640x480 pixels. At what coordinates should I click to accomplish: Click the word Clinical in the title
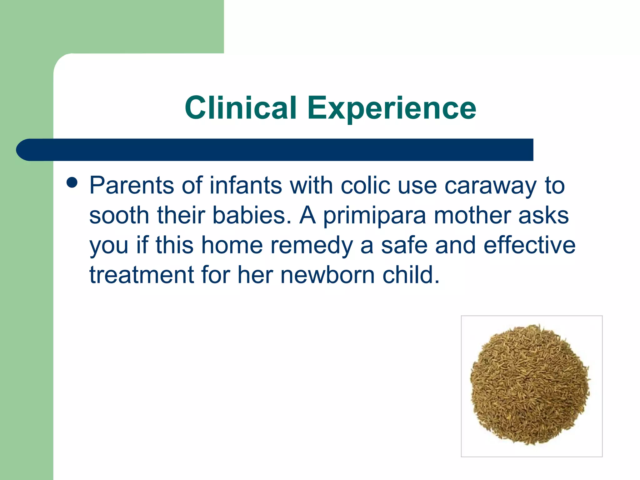click(240, 108)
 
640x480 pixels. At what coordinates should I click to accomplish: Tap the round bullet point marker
click(72, 183)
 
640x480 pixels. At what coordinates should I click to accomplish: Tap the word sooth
click(119, 215)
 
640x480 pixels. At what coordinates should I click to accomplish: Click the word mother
click(472, 215)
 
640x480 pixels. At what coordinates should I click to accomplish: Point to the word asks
click(543, 215)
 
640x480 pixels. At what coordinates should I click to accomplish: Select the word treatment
click(142, 275)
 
